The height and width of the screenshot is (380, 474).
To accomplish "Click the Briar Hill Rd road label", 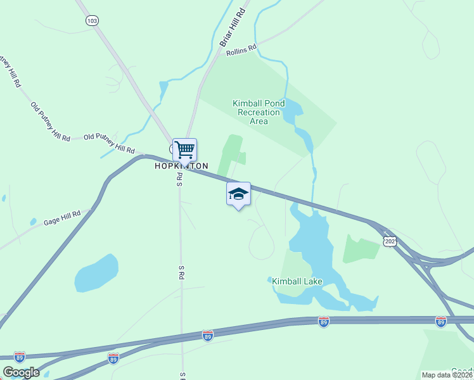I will point(232,27).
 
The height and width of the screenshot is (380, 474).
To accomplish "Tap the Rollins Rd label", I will point(241,49).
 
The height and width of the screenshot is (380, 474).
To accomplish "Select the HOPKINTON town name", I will point(181,166).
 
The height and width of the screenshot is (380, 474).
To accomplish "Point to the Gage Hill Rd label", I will point(62,218).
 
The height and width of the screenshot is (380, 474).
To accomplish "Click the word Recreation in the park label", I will point(258,112).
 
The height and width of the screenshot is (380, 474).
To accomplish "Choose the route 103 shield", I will point(93,20).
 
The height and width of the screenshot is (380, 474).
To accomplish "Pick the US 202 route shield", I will point(390,242).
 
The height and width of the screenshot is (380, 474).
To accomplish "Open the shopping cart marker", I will point(184,150).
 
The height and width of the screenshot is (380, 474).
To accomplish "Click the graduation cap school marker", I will point(238,193).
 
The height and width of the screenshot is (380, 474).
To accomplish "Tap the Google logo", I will point(21,372).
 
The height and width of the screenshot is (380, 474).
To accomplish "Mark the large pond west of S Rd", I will point(96,274).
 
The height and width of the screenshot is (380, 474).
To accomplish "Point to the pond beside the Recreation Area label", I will point(292,114).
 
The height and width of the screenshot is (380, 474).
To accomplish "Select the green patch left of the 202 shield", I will point(361,249).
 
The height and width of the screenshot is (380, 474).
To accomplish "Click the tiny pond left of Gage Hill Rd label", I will point(33,222).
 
